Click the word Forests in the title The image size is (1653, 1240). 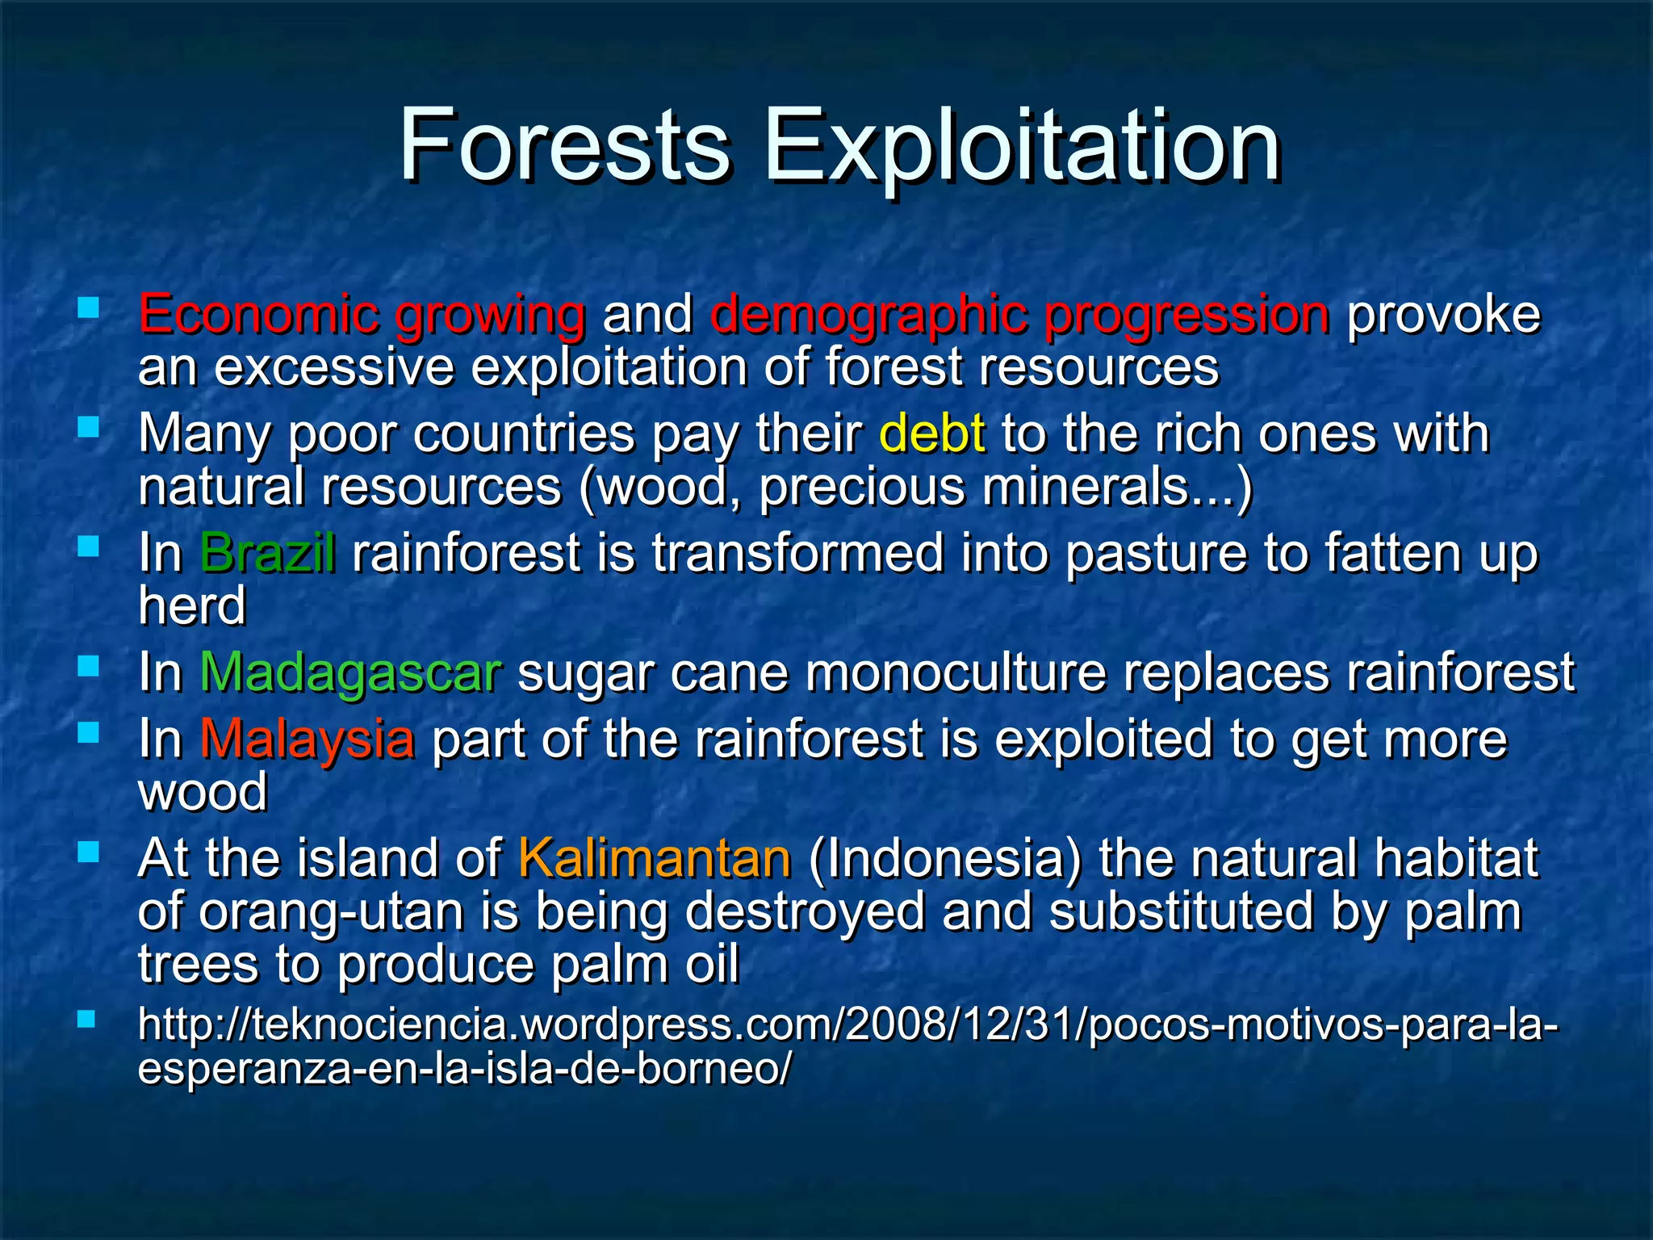tap(565, 145)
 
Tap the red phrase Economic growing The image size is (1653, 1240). tap(362, 314)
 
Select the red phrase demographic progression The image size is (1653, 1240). tap(1019, 316)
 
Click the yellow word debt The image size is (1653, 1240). tap(931, 434)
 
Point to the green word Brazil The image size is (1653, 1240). tap(267, 553)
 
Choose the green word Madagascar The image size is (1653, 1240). tap(350, 672)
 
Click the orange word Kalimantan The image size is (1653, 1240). tap(654, 857)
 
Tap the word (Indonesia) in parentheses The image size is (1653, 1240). tap(944, 857)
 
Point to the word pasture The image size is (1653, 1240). tap(1156, 554)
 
